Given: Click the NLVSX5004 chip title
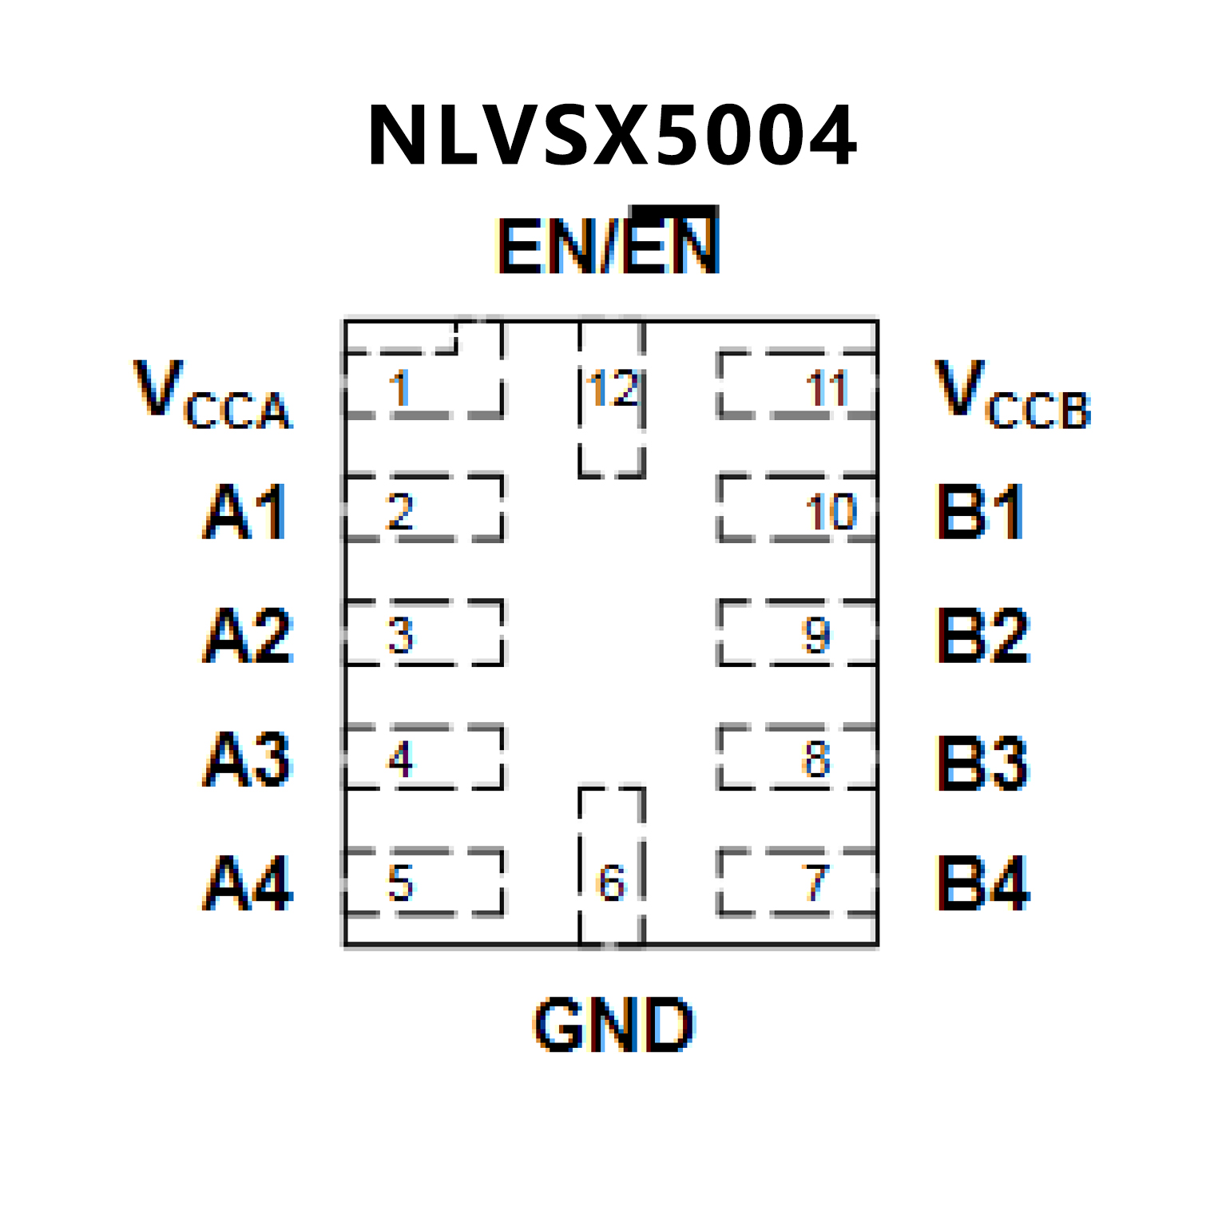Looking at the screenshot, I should pos(612,136).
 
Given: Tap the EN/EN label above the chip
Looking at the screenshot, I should pos(609,244).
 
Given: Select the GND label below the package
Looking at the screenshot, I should pos(613,1025).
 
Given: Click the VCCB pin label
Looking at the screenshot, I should pos(1013,395).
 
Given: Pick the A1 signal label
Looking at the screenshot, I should pos(246,512).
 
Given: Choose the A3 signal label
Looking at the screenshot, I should pos(248,760).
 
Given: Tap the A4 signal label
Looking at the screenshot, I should pos(248,883).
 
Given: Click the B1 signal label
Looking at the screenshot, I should pos(981,512).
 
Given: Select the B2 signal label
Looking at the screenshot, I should pos(983,636).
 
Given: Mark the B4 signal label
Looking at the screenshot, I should pos(983,883).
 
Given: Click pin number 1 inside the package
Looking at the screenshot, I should pos(399,389).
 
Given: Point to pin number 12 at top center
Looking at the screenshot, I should pos(613,389).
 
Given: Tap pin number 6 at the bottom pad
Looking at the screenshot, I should pos(612,883).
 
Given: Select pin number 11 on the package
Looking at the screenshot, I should pos(826,389).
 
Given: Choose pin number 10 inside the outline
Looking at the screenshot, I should pos(831,512).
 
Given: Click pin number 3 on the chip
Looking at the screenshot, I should pos(400,636).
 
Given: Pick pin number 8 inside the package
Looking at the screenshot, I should pos(815,759).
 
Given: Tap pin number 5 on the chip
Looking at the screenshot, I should pos(400,883).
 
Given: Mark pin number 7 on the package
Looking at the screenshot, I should pos(815,883).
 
